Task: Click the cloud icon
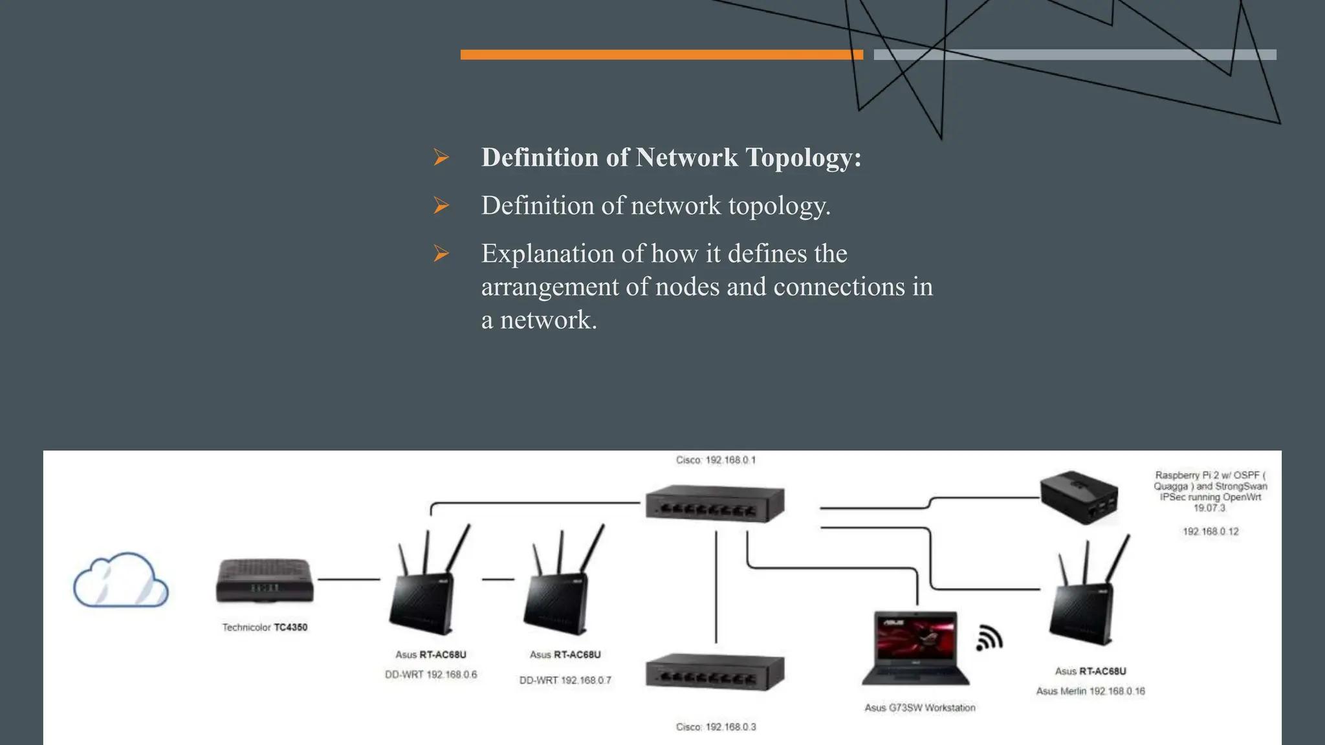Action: pos(121,580)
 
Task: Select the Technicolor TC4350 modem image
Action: pos(265,581)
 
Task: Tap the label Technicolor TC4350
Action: pos(265,627)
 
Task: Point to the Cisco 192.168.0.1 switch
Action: pos(715,503)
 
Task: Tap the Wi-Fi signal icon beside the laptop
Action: pos(989,638)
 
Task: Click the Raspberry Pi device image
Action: pos(1079,497)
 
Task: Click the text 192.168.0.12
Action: pos(1210,532)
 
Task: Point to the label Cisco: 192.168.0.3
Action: pos(716,727)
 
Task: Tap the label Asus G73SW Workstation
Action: pos(920,708)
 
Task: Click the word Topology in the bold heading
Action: pos(803,158)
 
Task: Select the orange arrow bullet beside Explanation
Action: pos(441,254)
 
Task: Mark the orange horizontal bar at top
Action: pos(661,55)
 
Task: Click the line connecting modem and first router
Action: pos(349,579)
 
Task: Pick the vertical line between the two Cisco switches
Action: pos(716,585)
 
